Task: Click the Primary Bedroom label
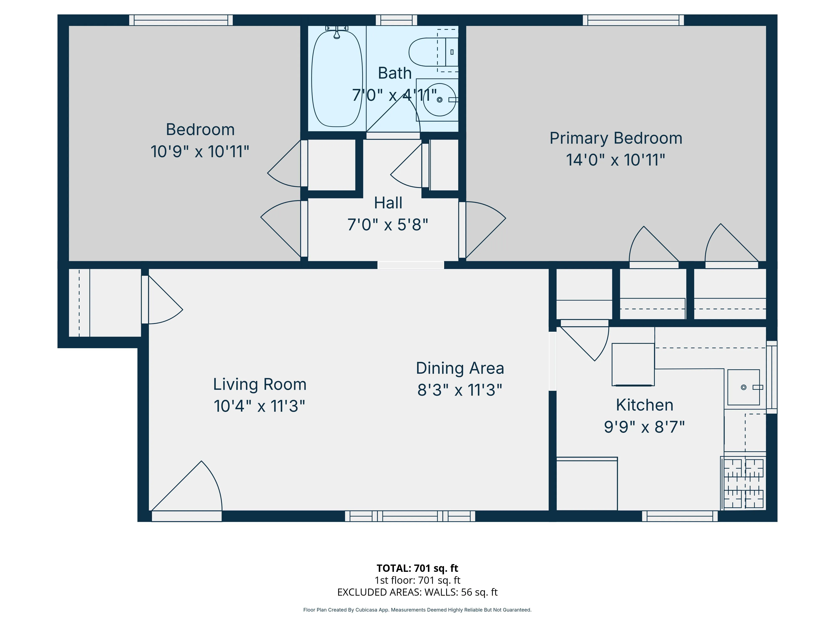point(615,138)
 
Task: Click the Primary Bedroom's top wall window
point(633,20)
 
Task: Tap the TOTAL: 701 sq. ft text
point(417,568)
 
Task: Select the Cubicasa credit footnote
point(417,610)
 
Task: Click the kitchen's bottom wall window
point(679,516)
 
